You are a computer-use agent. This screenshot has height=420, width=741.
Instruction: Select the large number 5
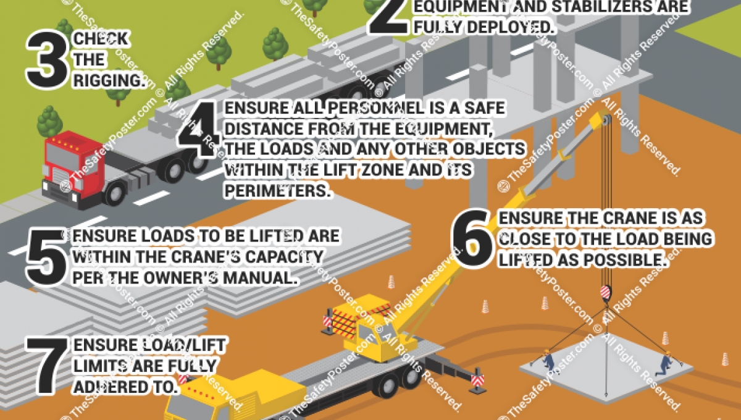pos(47,258)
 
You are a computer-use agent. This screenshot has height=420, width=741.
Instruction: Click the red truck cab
pos(72,164)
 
